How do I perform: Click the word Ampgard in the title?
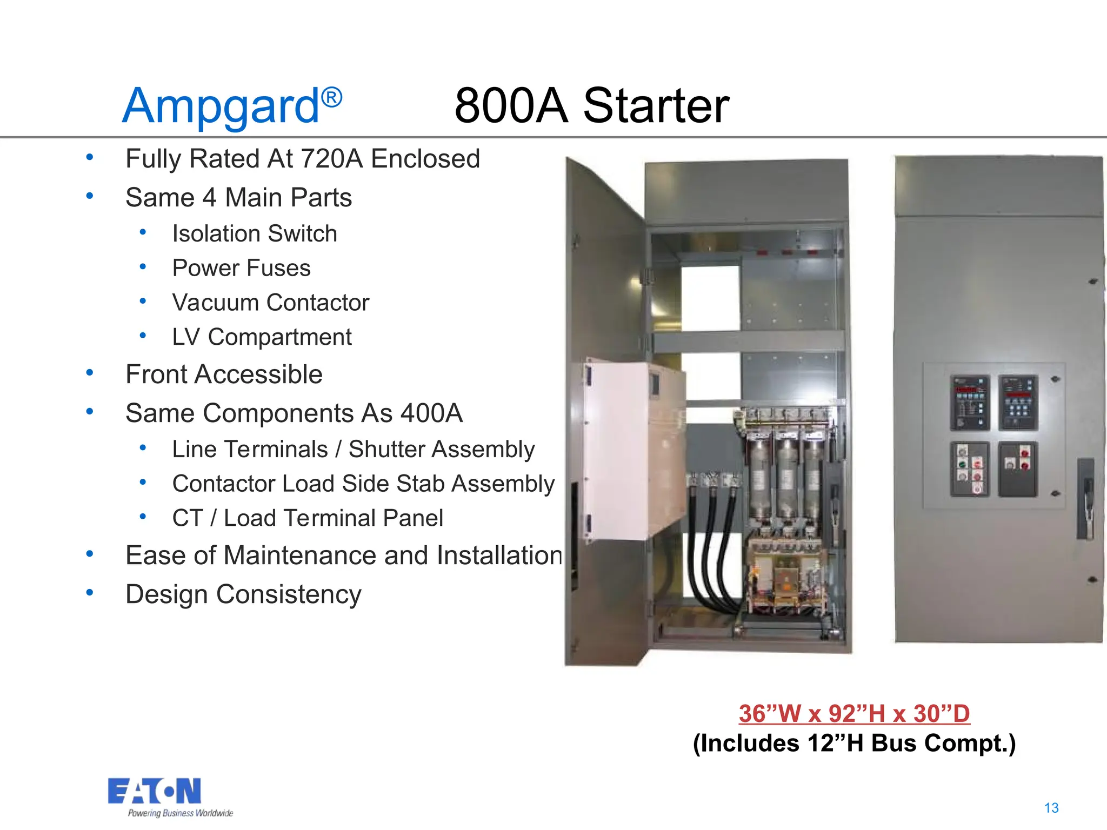[x=221, y=106]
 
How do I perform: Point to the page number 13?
[x=1051, y=808]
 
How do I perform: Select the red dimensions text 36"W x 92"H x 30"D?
[x=854, y=713]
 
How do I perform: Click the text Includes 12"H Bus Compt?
[x=854, y=743]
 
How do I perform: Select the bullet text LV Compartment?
[x=262, y=337]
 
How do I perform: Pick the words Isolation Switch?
[x=255, y=234]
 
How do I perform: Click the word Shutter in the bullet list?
[x=383, y=450]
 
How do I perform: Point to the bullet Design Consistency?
[x=243, y=594]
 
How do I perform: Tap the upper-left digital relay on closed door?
[x=970, y=403]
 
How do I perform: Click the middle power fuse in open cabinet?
[x=786, y=478]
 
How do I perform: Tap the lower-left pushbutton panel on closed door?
[x=970, y=469]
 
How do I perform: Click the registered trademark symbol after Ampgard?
[x=332, y=97]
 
